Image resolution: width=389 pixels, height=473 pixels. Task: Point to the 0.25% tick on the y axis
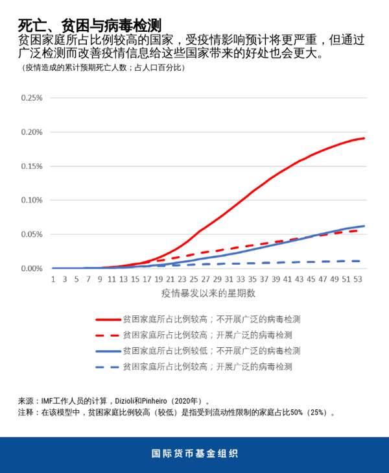pyautogui.click(x=32, y=98)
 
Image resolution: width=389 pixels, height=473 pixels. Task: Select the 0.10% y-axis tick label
pyautogui.click(x=32, y=200)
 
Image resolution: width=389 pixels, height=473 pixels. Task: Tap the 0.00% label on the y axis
pyautogui.click(x=32, y=268)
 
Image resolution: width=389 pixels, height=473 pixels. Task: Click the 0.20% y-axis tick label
pyautogui.click(x=32, y=132)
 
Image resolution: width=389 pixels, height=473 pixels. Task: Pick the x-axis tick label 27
pyautogui.click(x=206, y=279)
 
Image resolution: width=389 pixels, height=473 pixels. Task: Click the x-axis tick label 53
pyautogui.click(x=358, y=279)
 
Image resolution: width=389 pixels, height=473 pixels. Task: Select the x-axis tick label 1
pyautogui.click(x=53, y=279)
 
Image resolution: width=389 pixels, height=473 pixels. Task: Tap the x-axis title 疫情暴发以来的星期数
pyautogui.click(x=208, y=293)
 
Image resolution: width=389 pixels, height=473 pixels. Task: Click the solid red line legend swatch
pyautogui.click(x=108, y=319)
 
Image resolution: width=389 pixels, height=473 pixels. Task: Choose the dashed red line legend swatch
pyautogui.click(x=108, y=335)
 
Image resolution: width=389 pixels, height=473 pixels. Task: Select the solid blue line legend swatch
pyautogui.click(x=108, y=350)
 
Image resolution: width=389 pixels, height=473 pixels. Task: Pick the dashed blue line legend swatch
pyautogui.click(x=108, y=366)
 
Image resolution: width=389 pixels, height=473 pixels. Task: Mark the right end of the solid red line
pyautogui.click(x=364, y=138)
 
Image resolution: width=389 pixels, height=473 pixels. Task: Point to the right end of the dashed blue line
pyautogui.click(x=360, y=261)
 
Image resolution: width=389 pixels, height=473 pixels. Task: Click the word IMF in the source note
pyautogui.click(x=47, y=401)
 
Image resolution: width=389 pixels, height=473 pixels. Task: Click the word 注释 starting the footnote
pyautogui.click(x=25, y=412)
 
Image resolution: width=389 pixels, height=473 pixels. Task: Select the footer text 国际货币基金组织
pyautogui.click(x=194, y=454)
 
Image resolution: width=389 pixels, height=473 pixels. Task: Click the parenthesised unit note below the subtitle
pyautogui.click(x=104, y=67)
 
